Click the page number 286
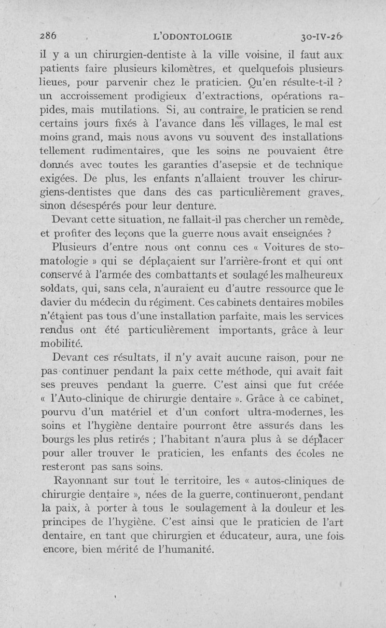[48, 36]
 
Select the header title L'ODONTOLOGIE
[192, 36]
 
